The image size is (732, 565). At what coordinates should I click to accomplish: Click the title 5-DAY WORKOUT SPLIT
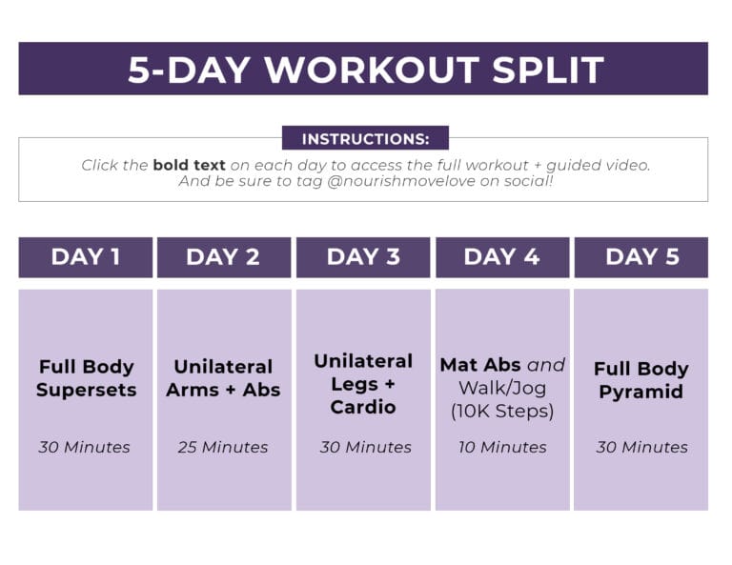click(x=365, y=70)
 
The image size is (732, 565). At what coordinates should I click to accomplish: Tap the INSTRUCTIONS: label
click(x=365, y=139)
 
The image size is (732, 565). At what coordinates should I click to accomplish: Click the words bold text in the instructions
click(x=189, y=165)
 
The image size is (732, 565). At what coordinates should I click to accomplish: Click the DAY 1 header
click(x=85, y=256)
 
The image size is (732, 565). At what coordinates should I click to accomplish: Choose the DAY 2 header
click(x=223, y=256)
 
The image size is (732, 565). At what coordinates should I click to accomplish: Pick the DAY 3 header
click(x=363, y=256)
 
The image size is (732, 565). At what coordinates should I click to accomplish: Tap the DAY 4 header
click(x=501, y=256)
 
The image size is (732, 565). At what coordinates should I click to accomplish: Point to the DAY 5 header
click(x=641, y=256)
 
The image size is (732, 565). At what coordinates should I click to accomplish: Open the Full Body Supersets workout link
click(x=86, y=377)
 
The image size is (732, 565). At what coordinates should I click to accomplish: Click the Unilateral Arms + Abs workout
click(x=223, y=377)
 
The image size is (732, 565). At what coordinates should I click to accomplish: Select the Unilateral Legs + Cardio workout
click(x=363, y=384)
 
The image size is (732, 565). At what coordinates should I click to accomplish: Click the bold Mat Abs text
click(x=480, y=365)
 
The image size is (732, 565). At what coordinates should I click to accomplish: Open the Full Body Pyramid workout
click(x=640, y=380)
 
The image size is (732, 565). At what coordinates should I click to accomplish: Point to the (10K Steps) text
click(x=501, y=412)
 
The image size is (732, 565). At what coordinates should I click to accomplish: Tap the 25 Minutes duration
click(x=223, y=447)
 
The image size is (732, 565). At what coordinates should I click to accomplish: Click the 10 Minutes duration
click(x=501, y=447)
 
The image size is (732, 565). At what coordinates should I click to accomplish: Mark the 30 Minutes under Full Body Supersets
click(x=85, y=447)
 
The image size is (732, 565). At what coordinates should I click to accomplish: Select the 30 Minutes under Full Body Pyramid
click(x=641, y=447)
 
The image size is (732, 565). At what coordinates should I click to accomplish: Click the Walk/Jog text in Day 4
click(x=501, y=388)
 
